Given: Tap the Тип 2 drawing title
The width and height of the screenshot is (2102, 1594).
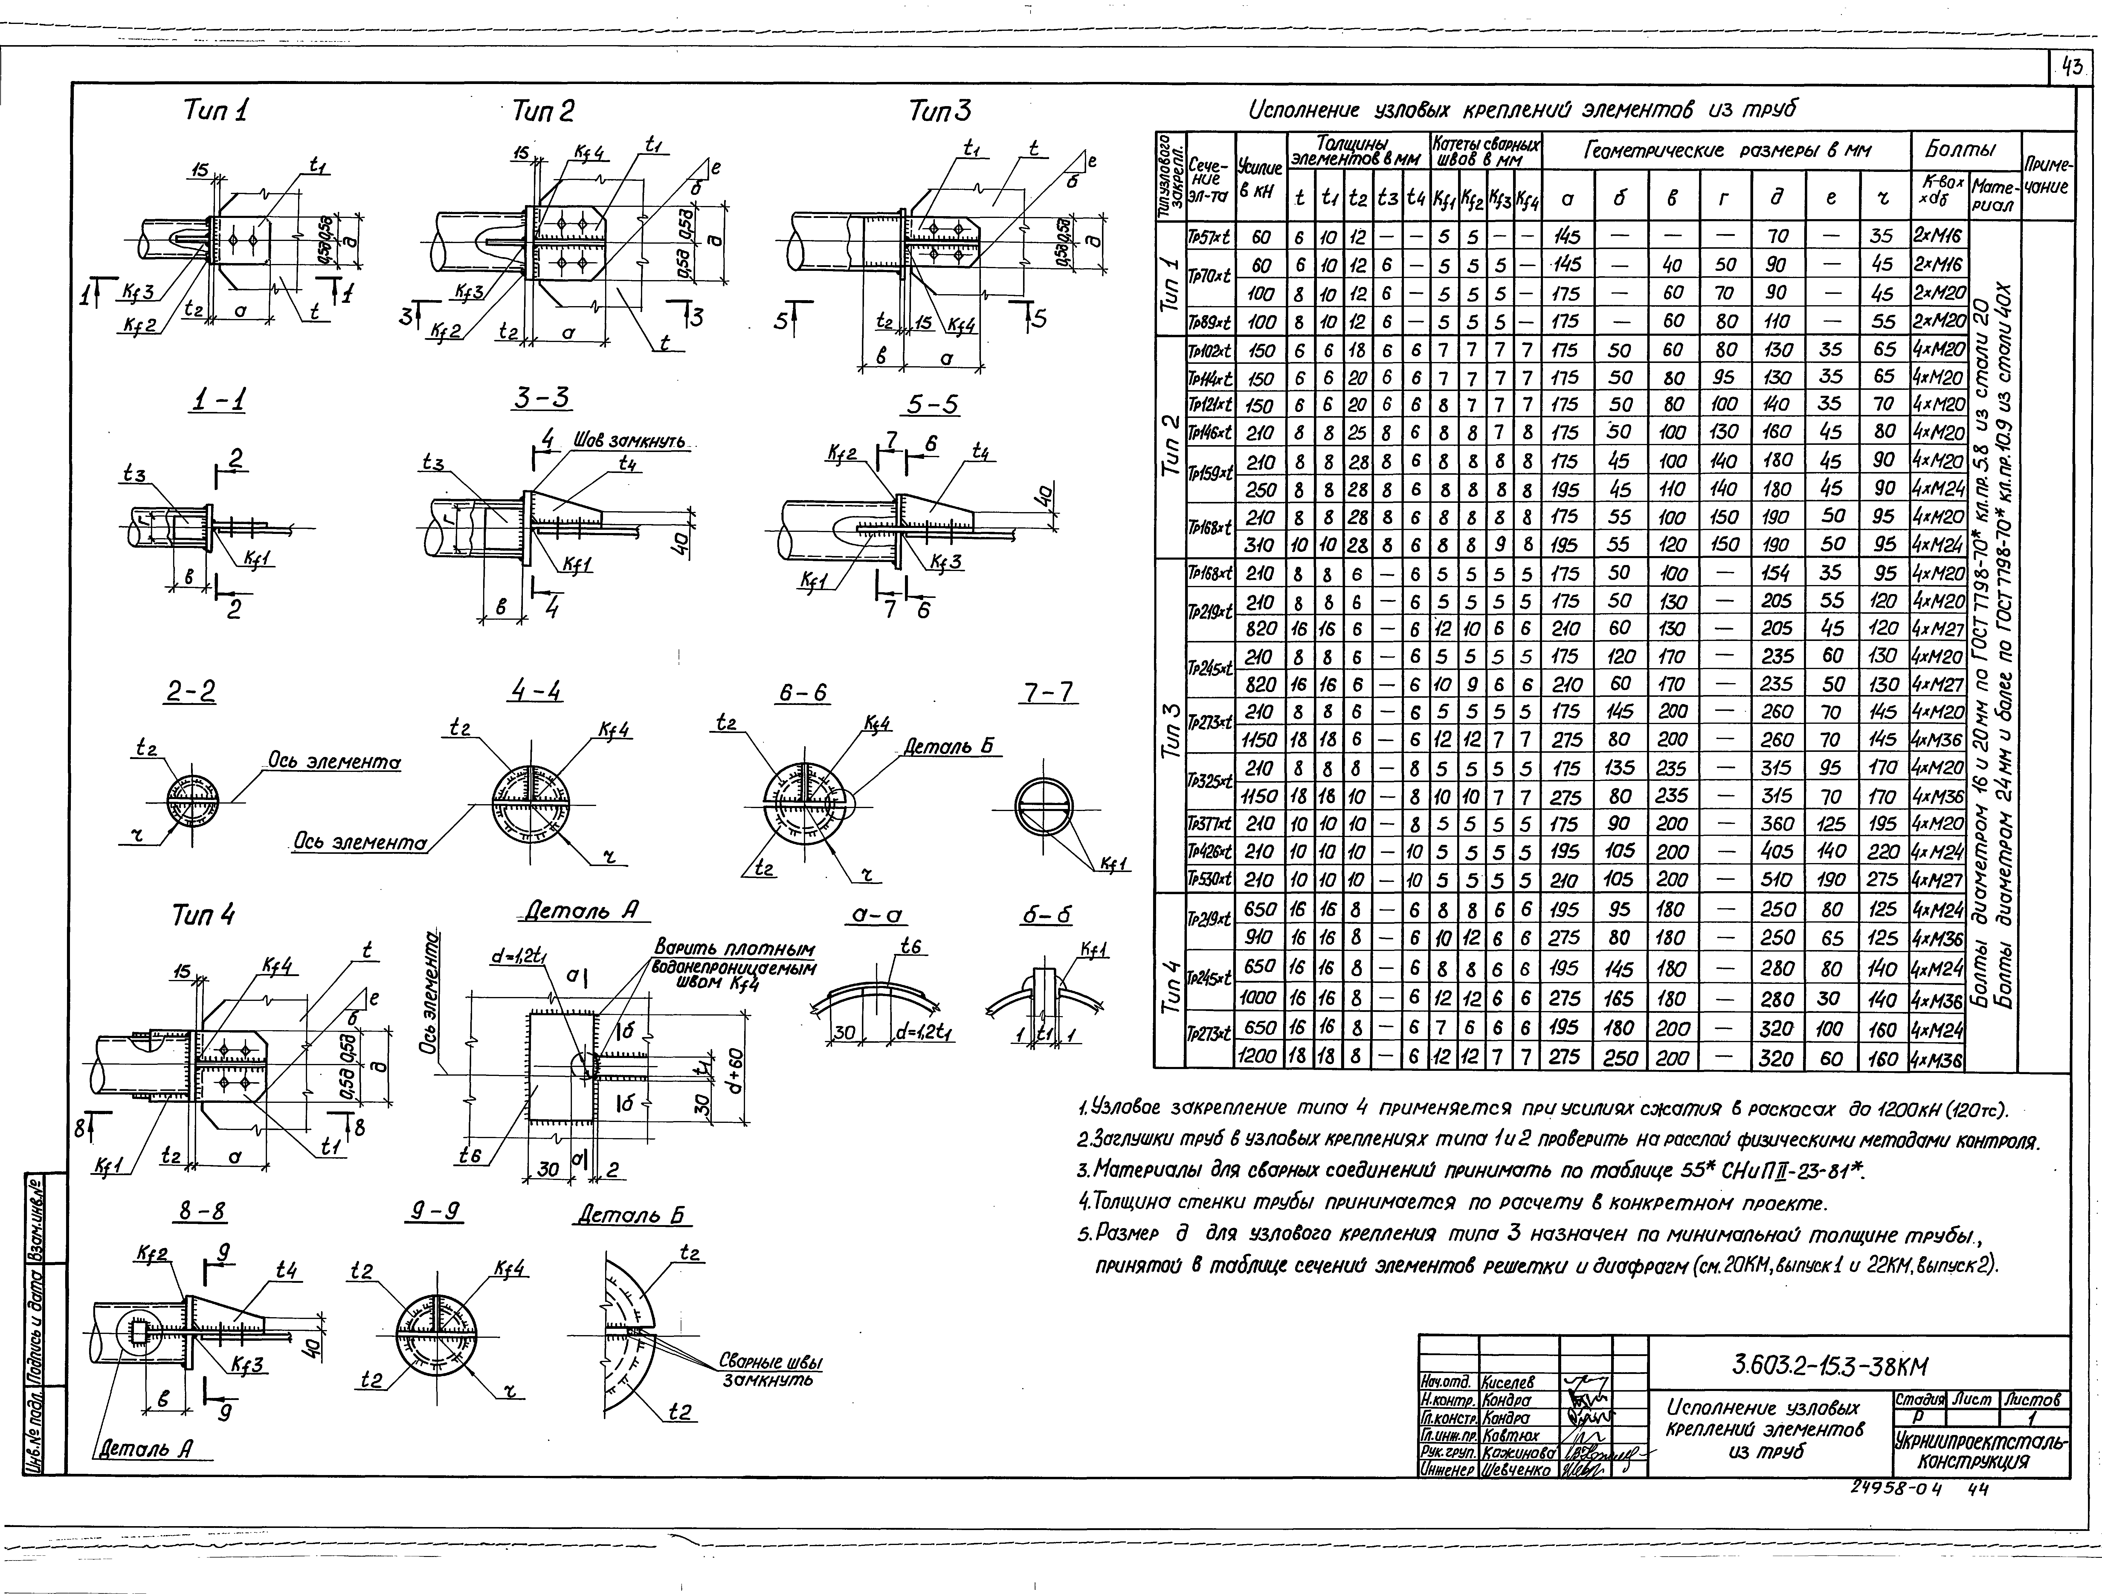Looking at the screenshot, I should [543, 112].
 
